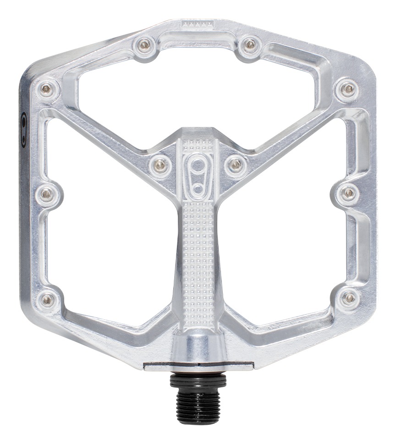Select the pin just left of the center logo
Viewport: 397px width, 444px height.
tap(160, 163)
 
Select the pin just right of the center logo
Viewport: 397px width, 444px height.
tap(235, 163)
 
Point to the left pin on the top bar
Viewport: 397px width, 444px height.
tap(145, 45)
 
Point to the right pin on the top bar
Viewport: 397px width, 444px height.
tap(250, 44)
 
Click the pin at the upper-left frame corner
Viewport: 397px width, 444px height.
tap(47, 89)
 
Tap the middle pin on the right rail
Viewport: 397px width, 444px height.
tap(349, 193)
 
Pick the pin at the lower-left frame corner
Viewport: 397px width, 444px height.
tap(48, 300)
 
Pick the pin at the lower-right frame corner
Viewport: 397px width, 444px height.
tap(349, 298)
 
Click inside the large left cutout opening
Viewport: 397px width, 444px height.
tap(110, 229)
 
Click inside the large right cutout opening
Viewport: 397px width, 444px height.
tap(287, 229)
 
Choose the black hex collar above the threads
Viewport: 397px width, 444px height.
tap(198, 381)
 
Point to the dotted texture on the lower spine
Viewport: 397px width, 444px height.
tap(198, 257)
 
